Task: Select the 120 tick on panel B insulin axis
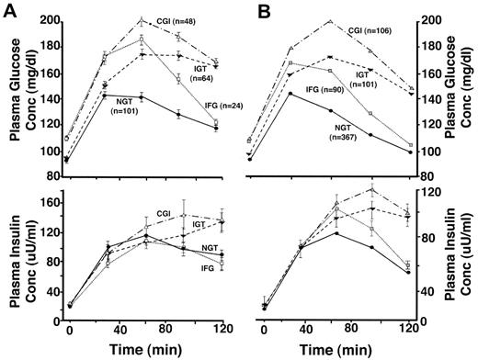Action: tap(428, 194)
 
